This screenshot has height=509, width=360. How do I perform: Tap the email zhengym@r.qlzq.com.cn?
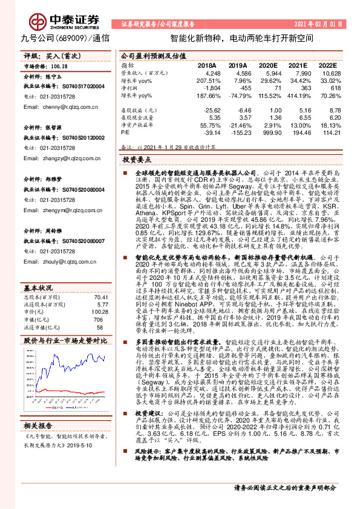tap(49, 210)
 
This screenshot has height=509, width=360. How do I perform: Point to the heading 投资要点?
tap(137, 160)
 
